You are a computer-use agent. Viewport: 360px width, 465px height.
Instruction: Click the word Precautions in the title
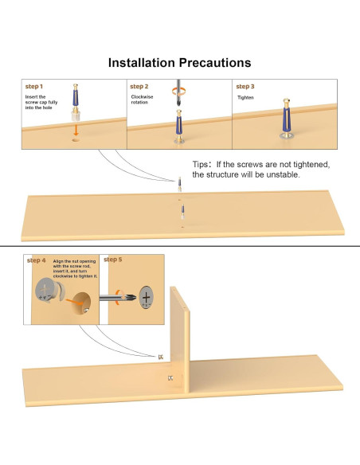coord(215,63)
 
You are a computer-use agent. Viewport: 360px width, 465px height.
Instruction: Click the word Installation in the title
coord(142,63)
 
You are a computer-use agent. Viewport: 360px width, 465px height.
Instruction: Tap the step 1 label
coord(34,86)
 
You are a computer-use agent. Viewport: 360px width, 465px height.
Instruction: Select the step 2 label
coord(139,86)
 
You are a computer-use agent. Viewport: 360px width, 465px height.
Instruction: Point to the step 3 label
coord(245,86)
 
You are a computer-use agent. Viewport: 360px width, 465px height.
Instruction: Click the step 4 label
coord(36,260)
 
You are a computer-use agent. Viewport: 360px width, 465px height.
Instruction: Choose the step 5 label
coord(112,260)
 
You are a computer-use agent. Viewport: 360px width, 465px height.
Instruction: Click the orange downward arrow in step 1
coord(76,130)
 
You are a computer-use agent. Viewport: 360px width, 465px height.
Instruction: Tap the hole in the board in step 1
coord(76,139)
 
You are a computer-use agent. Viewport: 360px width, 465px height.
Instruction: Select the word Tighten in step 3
coord(245,98)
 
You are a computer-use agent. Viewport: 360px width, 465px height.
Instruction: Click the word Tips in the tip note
coord(200,164)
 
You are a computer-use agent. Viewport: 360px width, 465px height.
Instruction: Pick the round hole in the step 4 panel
coord(81,304)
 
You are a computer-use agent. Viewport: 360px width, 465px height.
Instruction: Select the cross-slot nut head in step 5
coord(147,297)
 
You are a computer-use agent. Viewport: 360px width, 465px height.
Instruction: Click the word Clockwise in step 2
coord(142,97)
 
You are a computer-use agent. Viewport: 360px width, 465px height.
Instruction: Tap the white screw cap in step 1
coord(76,116)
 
